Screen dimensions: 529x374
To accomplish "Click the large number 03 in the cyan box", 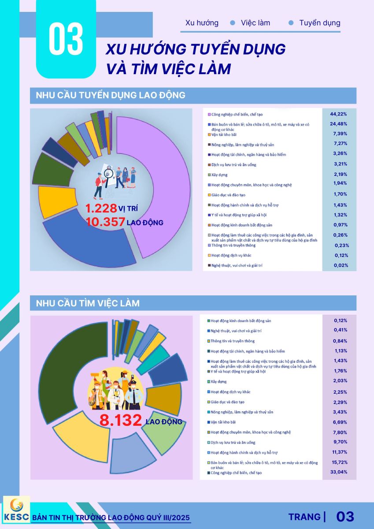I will (66, 40).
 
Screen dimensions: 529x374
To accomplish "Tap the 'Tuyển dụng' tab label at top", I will (319, 23).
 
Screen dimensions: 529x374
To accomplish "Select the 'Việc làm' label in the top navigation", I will (256, 23).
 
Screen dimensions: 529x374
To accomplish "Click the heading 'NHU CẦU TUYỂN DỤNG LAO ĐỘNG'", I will (111, 95).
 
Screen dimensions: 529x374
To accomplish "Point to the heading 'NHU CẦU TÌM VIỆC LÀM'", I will (88, 303).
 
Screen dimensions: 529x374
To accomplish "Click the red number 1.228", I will (101, 208).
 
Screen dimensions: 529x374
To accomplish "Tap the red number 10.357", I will (105, 222).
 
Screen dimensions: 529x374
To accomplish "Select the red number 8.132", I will (120, 421).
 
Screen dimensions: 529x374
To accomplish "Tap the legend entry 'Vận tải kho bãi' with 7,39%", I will (225, 135).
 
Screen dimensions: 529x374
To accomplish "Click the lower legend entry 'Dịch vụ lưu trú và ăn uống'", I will (233, 443).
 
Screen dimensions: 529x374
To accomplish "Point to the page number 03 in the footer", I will (345, 517).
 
